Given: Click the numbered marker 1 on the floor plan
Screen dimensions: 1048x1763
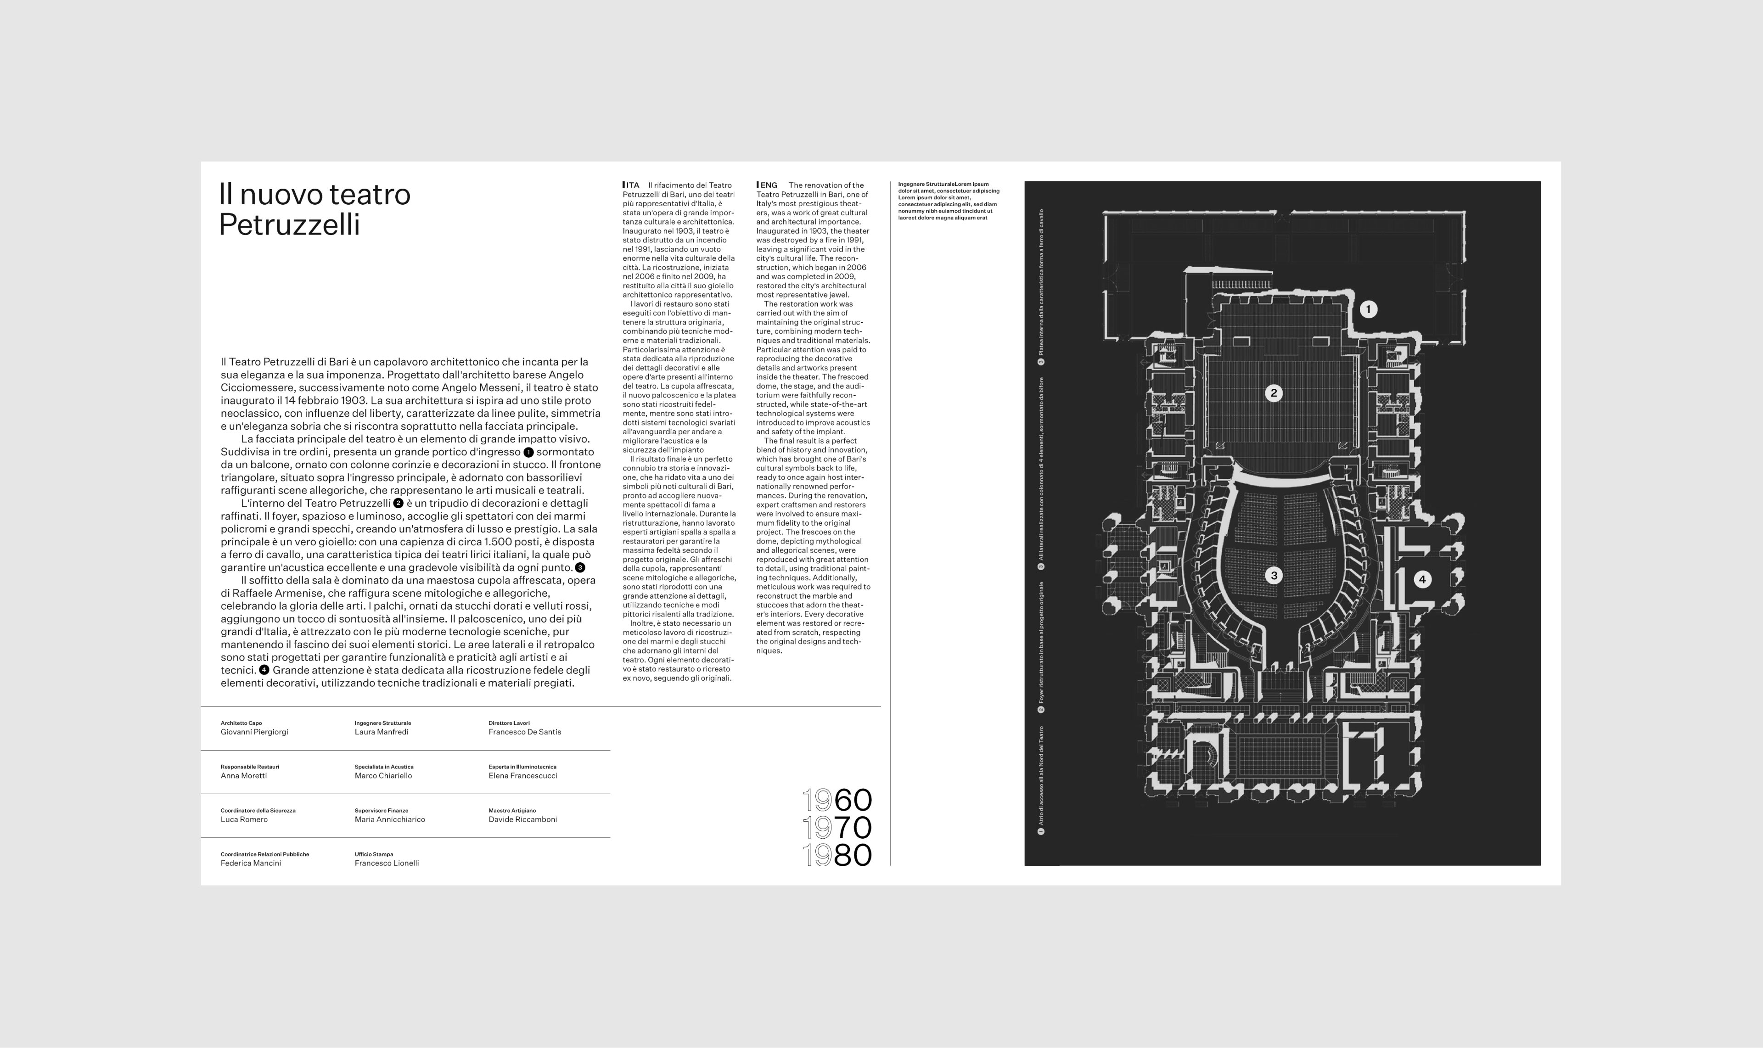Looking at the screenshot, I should click(x=1368, y=309).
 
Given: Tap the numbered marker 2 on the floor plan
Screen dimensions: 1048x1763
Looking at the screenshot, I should click(x=1274, y=393).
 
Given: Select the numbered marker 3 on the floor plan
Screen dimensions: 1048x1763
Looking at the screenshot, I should click(x=1274, y=576).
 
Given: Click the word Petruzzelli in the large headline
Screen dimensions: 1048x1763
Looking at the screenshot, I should click(x=290, y=224).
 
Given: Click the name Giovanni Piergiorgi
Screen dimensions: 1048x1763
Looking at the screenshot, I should click(x=254, y=732).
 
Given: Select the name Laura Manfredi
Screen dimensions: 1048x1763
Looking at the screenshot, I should click(x=382, y=732).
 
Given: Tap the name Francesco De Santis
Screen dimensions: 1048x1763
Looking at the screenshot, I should click(x=525, y=732).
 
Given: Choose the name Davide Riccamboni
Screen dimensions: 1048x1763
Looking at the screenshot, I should click(x=522, y=820).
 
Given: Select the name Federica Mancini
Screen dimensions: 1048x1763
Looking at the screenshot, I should click(x=251, y=863).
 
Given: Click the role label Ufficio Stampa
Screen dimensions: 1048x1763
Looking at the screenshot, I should click(x=374, y=854).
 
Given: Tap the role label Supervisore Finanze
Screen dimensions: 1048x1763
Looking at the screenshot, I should click(x=382, y=811).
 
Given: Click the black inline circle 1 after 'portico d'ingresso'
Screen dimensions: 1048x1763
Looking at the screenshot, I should click(x=528, y=453).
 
